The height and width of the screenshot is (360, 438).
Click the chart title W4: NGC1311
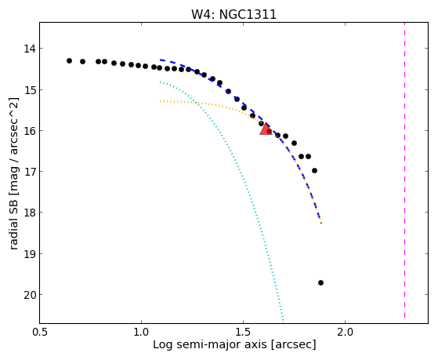pyautogui.click(x=233, y=15)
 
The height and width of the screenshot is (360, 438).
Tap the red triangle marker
pyautogui.click(x=266, y=129)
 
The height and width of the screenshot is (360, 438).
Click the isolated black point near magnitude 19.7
pyautogui.click(x=320, y=283)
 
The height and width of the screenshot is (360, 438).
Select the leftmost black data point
pyautogui.click(x=69, y=60)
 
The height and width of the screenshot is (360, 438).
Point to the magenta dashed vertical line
pyautogui.click(x=404, y=170)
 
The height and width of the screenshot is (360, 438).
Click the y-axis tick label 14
pyautogui.click(x=30, y=49)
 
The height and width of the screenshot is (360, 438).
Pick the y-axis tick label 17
pyautogui.click(x=30, y=172)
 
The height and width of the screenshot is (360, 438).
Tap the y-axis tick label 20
pyautogui.click(x=30, y=295)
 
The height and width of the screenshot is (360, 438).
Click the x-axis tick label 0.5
pyautogui.click(x=40, y=332)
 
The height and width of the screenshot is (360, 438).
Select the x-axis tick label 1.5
pyautogui.click(x=244, y=332)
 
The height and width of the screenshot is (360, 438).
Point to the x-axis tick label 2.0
pyautogui.click(x=346, y=332)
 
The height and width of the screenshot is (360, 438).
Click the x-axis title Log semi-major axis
pyautogui.click(x=210, y=344)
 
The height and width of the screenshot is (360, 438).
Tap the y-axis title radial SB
pyautogui.click(x=14, y=221)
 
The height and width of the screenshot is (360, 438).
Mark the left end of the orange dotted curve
pyautogui.click(x=160, y=101)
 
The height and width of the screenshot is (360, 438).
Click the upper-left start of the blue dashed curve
pyautogui.click(x=161, y=60)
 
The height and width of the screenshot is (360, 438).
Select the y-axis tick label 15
pyautogui.click(x=30, y=90)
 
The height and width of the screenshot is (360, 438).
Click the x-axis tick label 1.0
pyautogui.click(x=141, y=332)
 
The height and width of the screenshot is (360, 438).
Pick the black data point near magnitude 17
pyautogui.click(x=314, y=171)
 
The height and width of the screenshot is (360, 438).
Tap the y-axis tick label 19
pyautogui.click(x=30, y=254)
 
